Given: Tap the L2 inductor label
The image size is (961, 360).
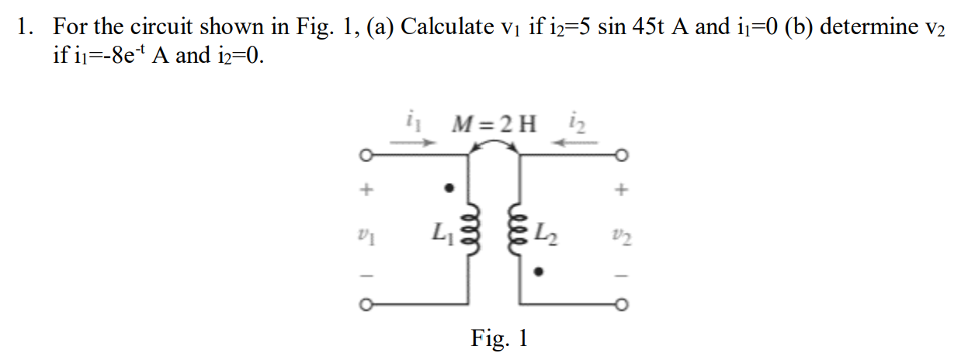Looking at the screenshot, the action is pyautogui.click(x=551, y=230).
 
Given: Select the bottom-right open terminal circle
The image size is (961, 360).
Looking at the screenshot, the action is pyautogui.click(x=621, y=303).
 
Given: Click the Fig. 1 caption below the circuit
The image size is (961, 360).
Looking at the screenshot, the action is pyautogui.click(x=499, y=338).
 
